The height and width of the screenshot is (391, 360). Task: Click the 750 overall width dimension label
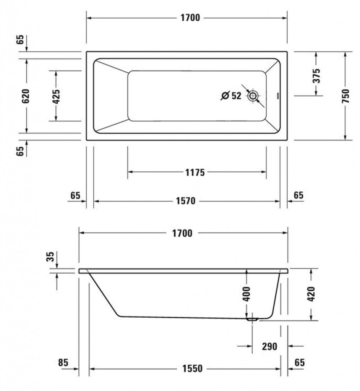[x=346, y=96]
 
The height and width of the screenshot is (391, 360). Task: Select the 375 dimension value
[x=316, y=76]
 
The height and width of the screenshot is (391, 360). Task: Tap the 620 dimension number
[x=26, y=96]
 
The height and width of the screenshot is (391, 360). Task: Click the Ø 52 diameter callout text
[x=231, y=95]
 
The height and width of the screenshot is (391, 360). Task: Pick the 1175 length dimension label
[x=195, y=172]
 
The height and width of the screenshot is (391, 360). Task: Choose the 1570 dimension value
[x=186, y=201]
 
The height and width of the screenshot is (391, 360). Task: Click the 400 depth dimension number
[x=246, y=294]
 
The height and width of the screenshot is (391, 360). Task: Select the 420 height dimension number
[x=311, y=294]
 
